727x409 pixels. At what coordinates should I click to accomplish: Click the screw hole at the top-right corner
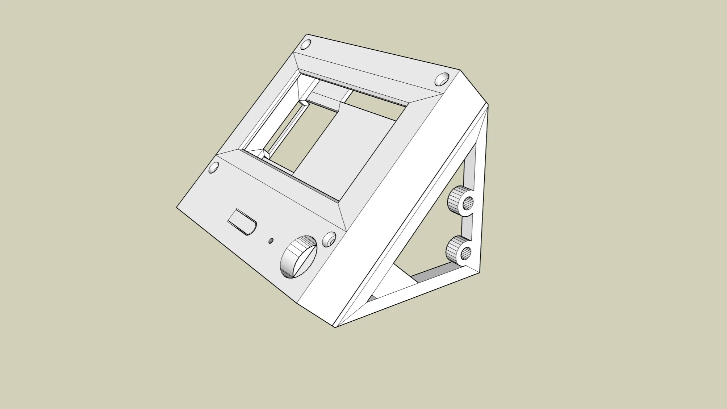pyautogui.click(x=442, y=79)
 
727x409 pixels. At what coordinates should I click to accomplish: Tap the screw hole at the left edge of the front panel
pyautogui.click(x=214, y=168)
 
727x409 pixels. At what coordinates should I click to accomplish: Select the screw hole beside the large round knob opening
pyautogui.click(x=329, y=239)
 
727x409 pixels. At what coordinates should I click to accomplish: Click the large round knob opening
pyautogui.click(x=299, y=257)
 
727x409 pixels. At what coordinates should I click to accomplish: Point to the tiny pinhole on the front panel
pyautogui.click(x=271, y=241)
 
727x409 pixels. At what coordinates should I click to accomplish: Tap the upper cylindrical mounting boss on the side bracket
pyautogui.click(x=456, y=199)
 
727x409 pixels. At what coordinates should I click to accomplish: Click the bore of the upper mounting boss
pyautogui.click(x=468, y=204)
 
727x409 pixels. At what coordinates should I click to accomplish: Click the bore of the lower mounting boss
pyautogui.click(x=467, y=253)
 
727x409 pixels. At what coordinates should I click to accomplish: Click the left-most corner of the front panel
pyautogui.click(x=177, y=208)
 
